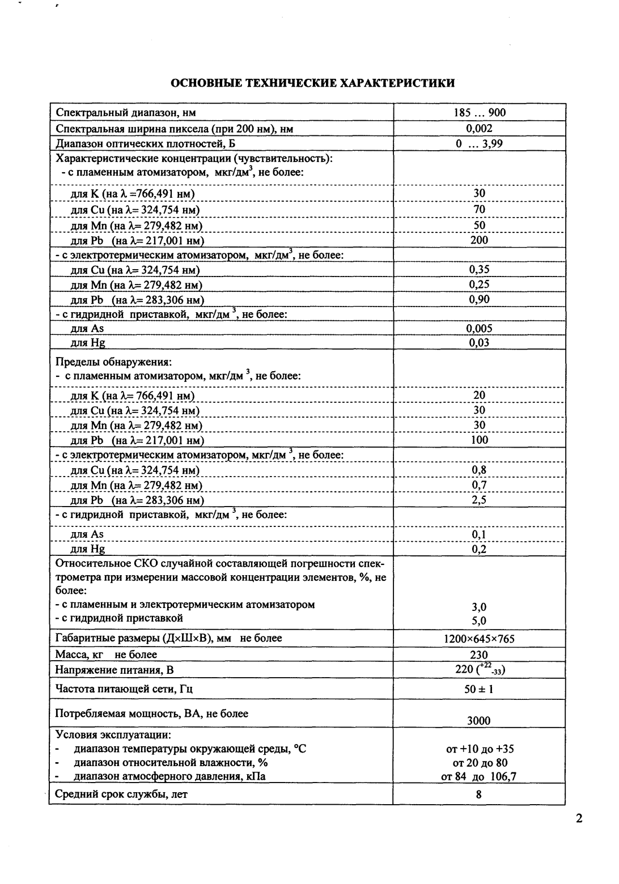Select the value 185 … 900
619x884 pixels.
(479, 112)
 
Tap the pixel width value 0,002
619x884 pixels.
(479, 129)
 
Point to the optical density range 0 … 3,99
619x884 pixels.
(479, 143)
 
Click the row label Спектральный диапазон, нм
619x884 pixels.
(126, 112)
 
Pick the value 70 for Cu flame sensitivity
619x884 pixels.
(479, 209)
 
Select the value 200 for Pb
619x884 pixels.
(479, 240)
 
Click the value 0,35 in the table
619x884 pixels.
(479, 269)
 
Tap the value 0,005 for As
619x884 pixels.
(479, 328)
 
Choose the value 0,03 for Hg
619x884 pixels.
(479, 342)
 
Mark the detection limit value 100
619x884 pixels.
(479, 440)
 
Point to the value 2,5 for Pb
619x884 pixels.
(479, 500)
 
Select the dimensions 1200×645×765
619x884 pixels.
(479, 639)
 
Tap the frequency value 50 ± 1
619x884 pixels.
(479, 689)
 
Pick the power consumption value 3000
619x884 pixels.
(479, 721)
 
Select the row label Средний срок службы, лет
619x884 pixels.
(121, 794)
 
